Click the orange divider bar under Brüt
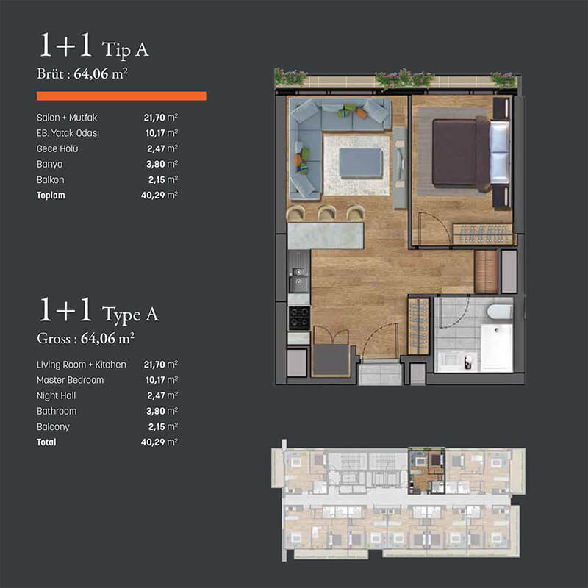coord(121,96)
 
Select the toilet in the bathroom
coord(500,312)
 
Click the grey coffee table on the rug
coord(360,162)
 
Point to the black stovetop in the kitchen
coord(299,318)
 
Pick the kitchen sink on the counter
coord(299,278)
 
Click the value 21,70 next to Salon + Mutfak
coord(154,118)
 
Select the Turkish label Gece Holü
coord(57,149)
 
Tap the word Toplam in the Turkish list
coord(51,196)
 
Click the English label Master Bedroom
coord(70,380)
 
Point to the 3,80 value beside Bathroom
coord(156,412)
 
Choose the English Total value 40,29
coord(153,442)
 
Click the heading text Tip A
coord(126,50)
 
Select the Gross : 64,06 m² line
coord(85,338)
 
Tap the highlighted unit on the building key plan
coord(426,470)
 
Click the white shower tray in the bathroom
coord(497,347)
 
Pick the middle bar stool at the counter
coord(326,213)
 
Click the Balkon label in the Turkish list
coord(50,180)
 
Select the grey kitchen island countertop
coord(326,236)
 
